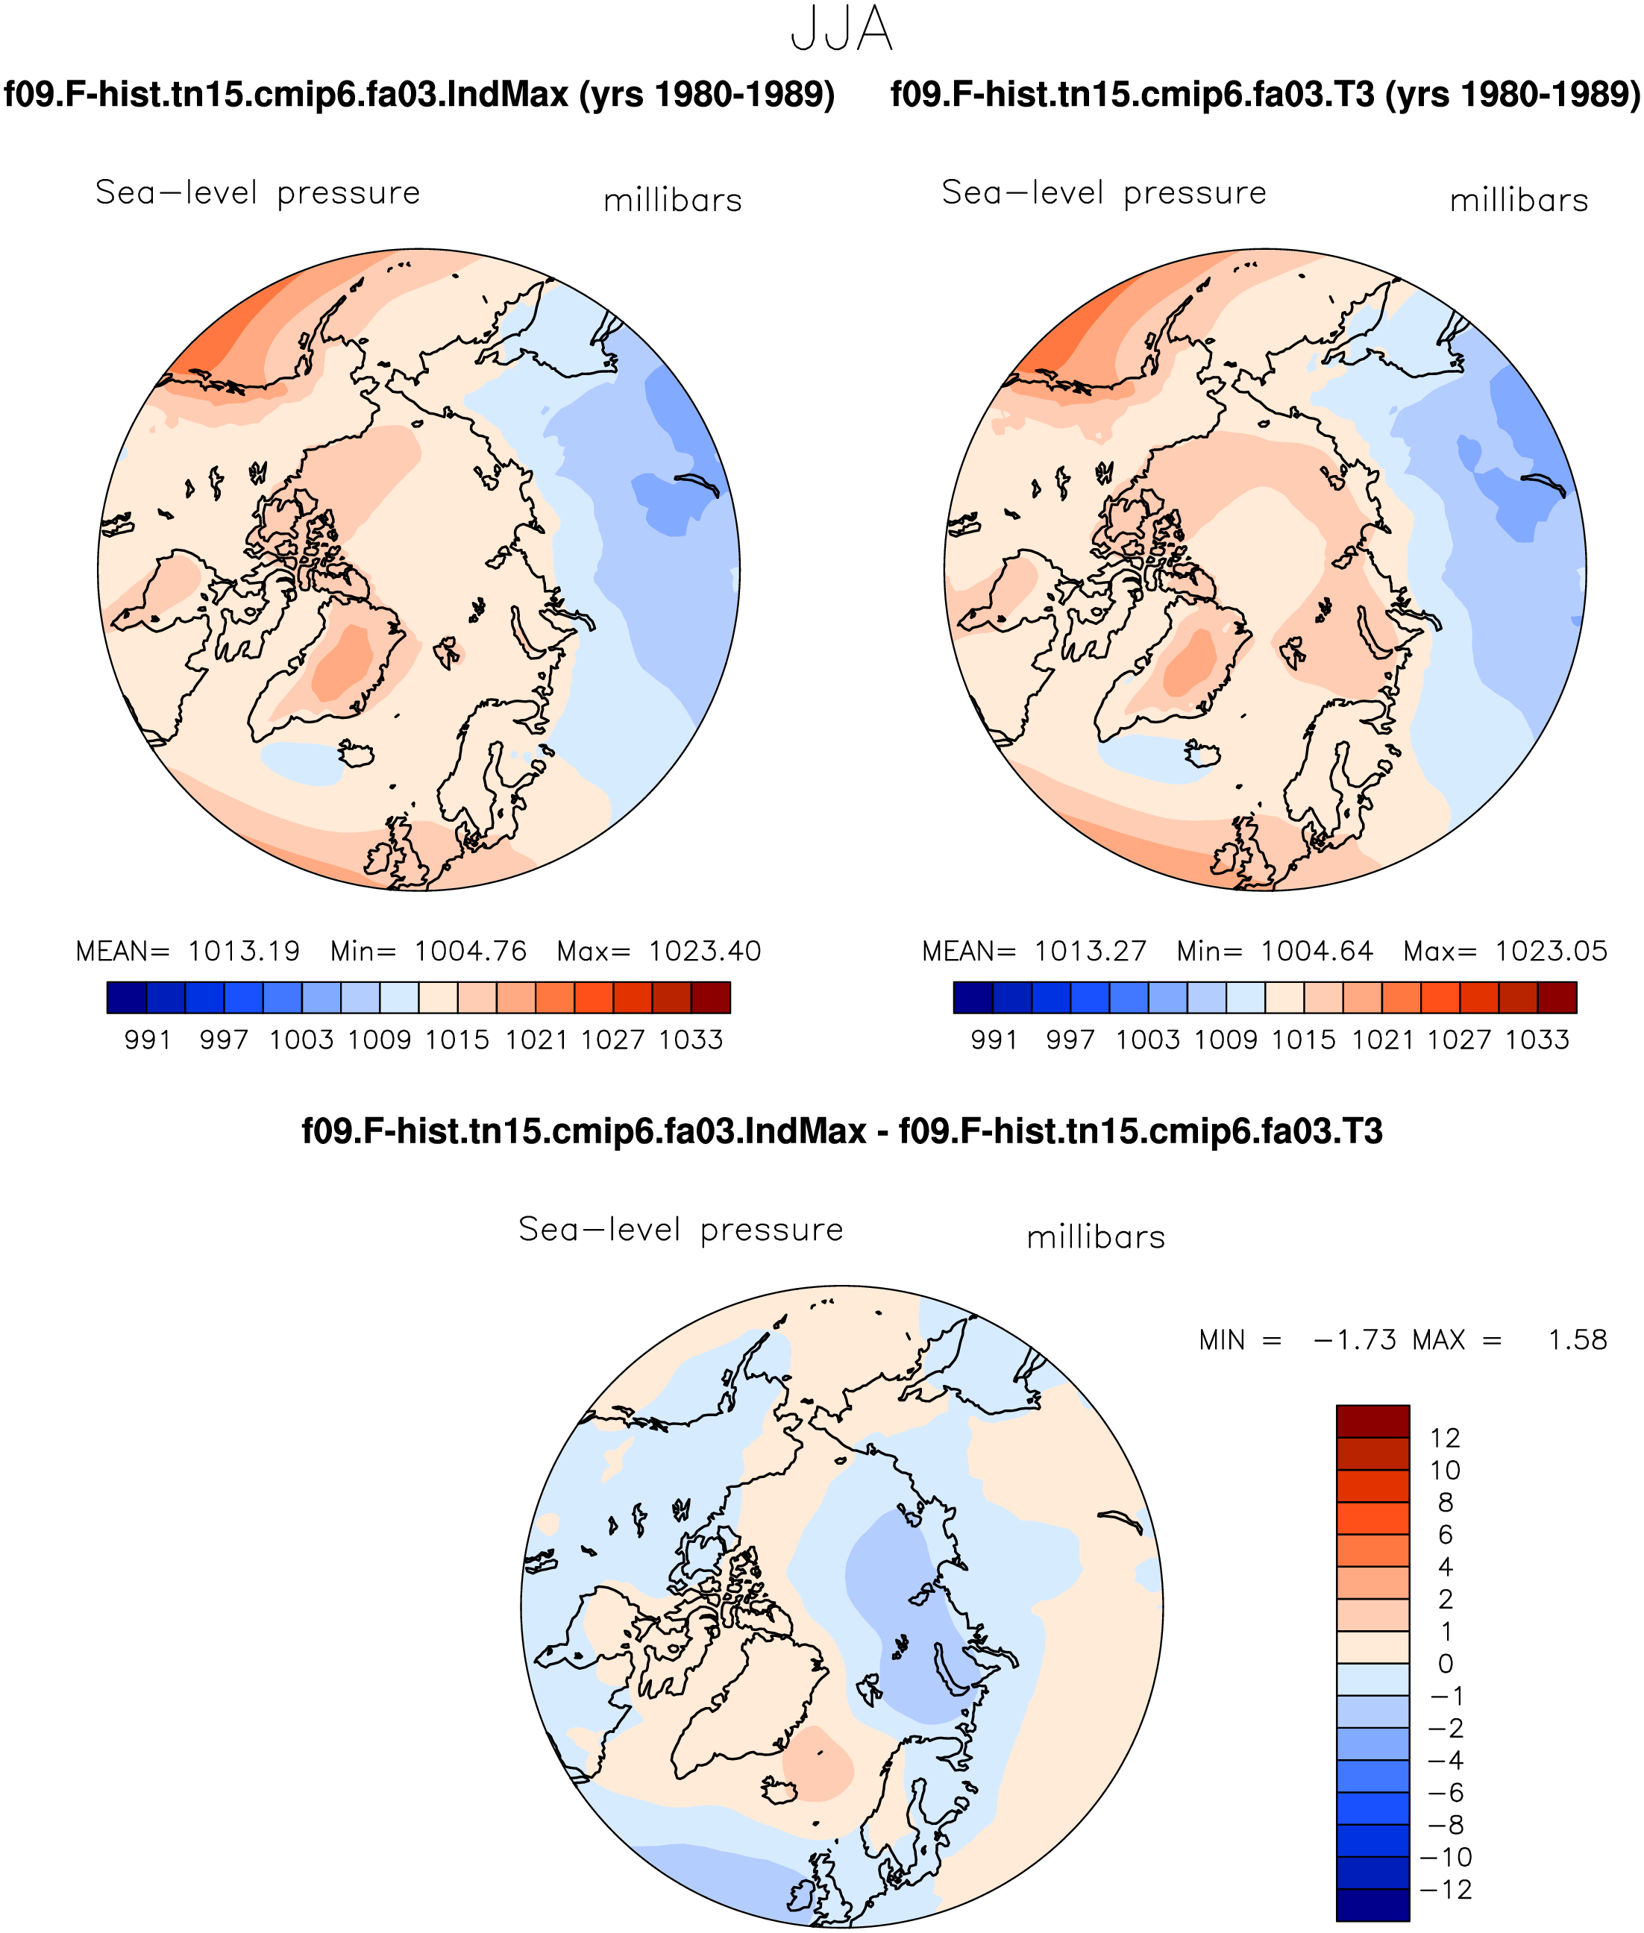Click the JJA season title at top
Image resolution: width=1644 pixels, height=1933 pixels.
841,29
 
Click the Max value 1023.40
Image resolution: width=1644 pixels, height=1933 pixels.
705,951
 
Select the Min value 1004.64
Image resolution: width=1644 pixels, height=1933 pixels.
1317,951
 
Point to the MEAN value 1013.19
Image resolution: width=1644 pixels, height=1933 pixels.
244,951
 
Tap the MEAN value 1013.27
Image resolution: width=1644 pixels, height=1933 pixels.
1091,951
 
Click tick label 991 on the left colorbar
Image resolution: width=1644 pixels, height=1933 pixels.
148,1040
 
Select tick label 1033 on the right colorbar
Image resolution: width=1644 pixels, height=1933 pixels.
1538,1040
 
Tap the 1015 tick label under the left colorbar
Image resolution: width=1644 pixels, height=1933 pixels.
457,1040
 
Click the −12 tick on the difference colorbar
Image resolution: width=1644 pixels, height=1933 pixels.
1446,1889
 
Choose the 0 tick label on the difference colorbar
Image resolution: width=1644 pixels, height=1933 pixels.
1446,1664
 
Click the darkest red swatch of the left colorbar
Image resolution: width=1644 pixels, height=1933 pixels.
711,997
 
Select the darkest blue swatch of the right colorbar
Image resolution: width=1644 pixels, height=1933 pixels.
973,997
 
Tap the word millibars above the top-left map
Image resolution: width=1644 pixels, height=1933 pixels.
673,201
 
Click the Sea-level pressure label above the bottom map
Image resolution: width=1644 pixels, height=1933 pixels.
681,1230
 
